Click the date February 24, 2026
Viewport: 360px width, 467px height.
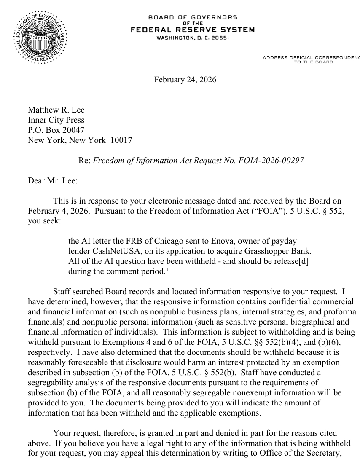pyautogui.click(x=185, y=79)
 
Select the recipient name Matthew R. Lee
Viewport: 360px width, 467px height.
pyautogui.click(x=56, y=110)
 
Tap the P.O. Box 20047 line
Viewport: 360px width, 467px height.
pyautogui.click(x=53, y=130)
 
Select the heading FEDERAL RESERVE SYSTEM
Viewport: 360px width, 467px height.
pyautogui.click(x=193, y=30)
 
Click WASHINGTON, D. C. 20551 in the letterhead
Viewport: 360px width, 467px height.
pyautogui.click(x=193, y=38)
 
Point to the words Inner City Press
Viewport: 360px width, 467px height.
pyautogui.click(x=56, y=120)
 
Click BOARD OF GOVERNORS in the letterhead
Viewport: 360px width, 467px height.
pyautogui.click(x=193, y=17)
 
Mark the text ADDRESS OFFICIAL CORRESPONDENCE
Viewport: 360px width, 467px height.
pyautogui.click(x=311, y=57)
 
